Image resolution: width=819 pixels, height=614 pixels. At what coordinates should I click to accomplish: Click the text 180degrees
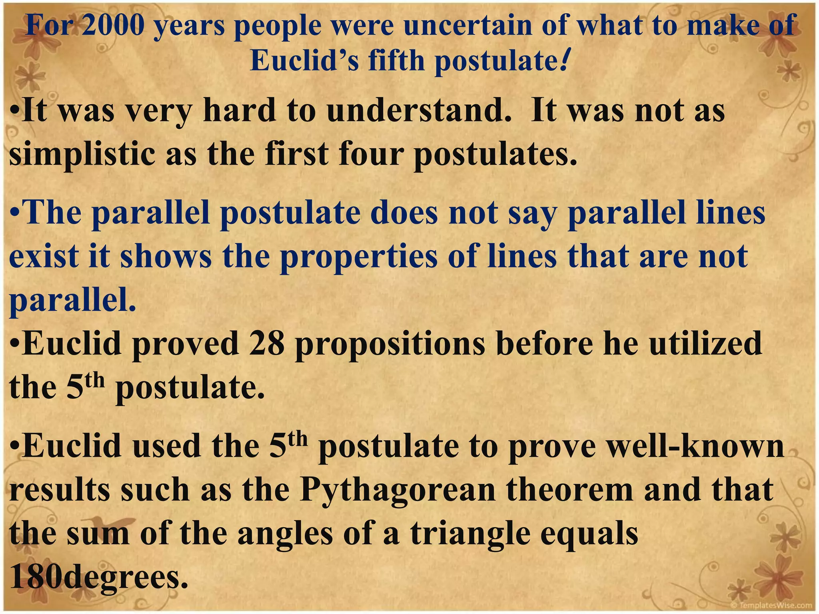[x=98, y=577]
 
